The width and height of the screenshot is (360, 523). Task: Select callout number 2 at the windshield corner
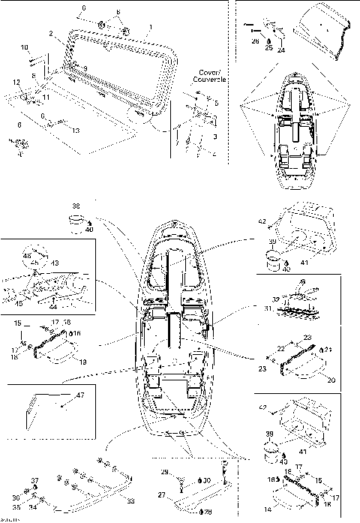pyautogui.click(x=49, y=35)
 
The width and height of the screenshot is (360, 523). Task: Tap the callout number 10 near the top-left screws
pyautogui.click(x=24, y=47)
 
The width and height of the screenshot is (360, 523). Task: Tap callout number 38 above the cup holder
pyautogui.click(x=76, y=205)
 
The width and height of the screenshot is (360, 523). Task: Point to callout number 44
pyautogui.click(x=53, y=308)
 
